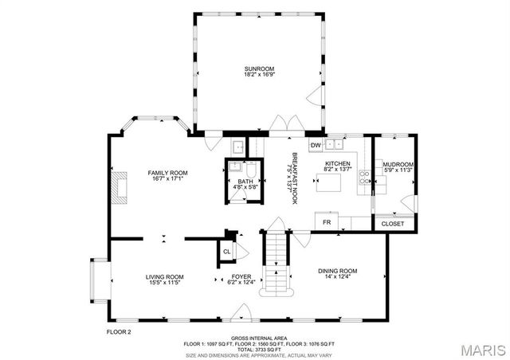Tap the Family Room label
pos(167,175)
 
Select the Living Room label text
pos(165,280)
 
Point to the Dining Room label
pos(339,273)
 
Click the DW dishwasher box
pos(316,145)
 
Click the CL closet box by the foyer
pos(226,252)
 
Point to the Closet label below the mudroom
pos(393,224)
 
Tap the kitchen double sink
pos(336,144)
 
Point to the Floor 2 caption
pos(119,331)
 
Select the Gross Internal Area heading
pos(255,338)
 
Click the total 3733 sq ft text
pos(255,349)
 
